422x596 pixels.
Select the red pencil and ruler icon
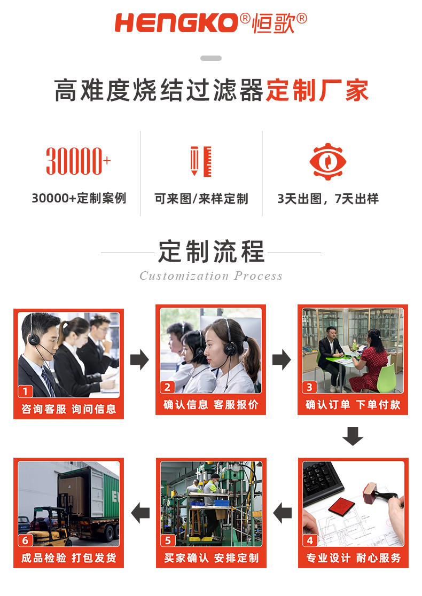pyautogui.click(x=201, y=161)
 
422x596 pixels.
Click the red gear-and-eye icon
pyautogui.click(x=328, y=161)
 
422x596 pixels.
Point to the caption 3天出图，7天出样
pyautogui.click(x=328, y=199)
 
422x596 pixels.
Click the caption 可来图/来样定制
pyautogui.click(x=201, y=199)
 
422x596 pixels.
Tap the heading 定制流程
pyautogui.click(x=211, y=252)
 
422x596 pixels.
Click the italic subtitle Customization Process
pyautogui.click(x=211, y=276)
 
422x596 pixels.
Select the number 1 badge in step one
pyautogui.click(x=25, y=391)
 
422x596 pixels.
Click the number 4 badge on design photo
pyautogui.click(x=310, y=540)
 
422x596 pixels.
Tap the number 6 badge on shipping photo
pyautogui.click(x=25, y=540)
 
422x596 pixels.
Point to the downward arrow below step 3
pyautogui.click(x=353, y=436)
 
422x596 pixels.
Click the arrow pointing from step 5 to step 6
pyautogui.click(x=140, y=513)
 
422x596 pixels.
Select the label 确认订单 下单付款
pyautogui.click(x=353, y=405)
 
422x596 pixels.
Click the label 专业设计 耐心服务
pyautogui.click(x=353, y=558)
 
